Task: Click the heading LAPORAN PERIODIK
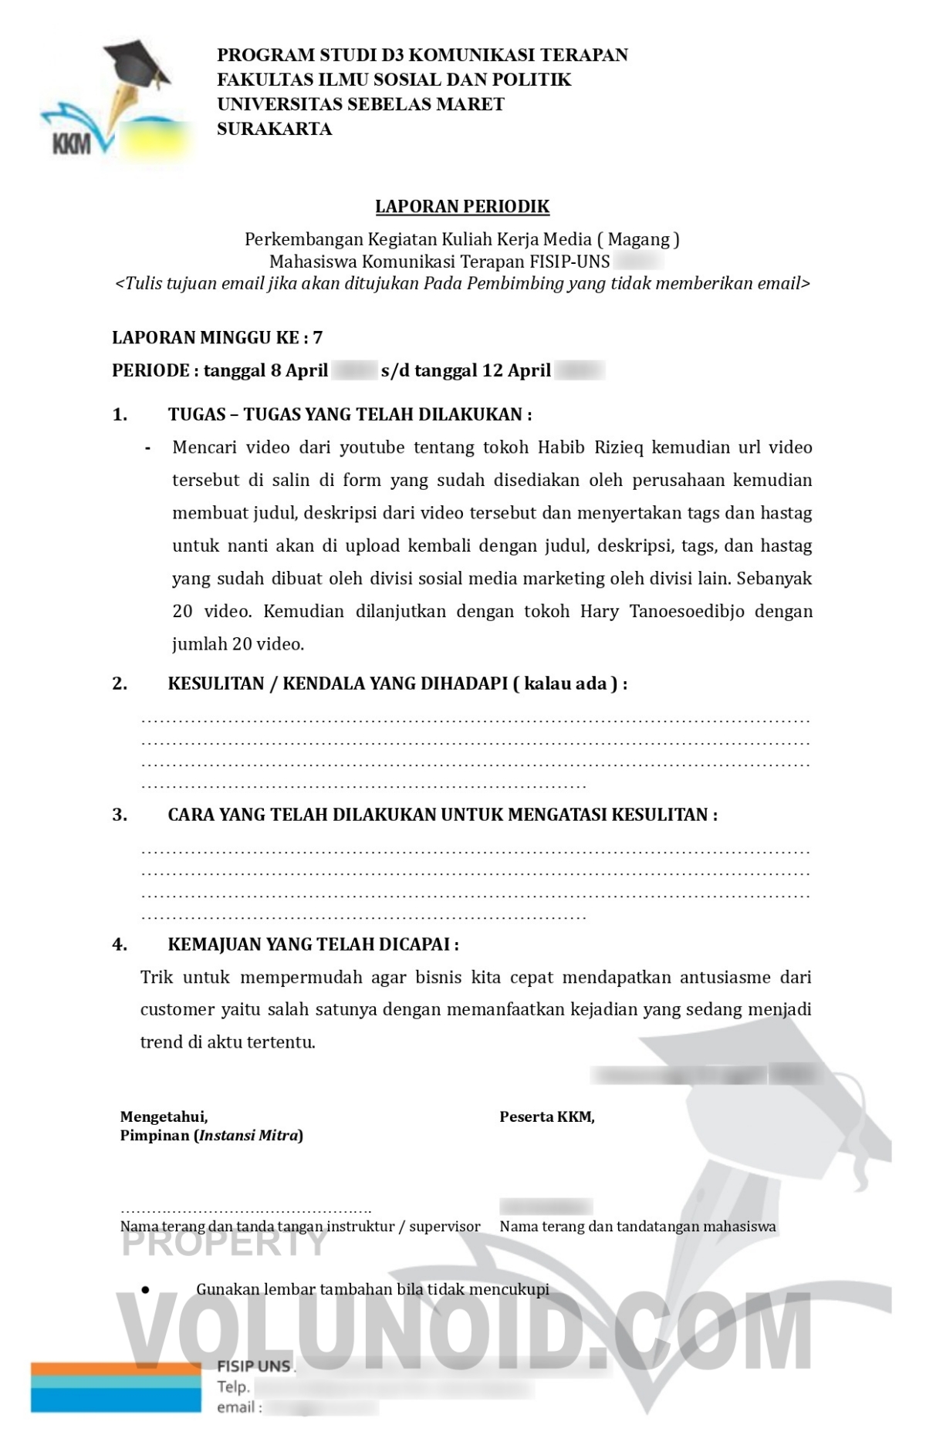pos(462,207)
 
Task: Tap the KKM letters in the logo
pos(72,144)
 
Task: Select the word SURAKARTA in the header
pos(274,129)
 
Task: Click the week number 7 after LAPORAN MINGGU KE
pos(318,338)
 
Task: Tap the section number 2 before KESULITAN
pos(120,684)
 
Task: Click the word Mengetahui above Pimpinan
pos(164,1116)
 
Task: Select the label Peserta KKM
pos(547,1116)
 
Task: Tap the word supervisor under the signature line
pos(444,1227)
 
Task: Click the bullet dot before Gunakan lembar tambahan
pos(145,1290)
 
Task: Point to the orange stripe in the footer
pos(116,1369)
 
